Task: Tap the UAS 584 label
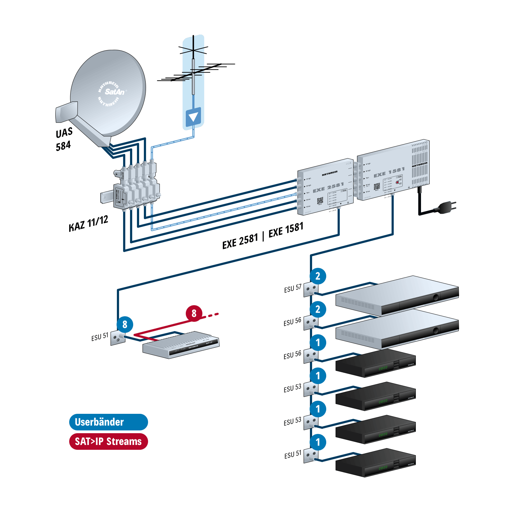(x=64, y=139)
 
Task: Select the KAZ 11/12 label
(x=89, y=223)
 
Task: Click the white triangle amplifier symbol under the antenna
(x=193, y=117)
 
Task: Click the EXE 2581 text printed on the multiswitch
(x=328, y=188)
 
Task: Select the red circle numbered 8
(x=194, y=313)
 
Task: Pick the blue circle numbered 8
(x=125, y=325)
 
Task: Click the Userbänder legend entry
(x=108, y=422)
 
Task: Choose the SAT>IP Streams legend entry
(x=108, y=441)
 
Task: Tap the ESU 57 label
(x=293, y=288)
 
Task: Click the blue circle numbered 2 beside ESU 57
(x=318, y=276)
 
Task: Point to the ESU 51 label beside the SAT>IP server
(x=100, y=337)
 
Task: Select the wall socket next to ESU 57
(x=311, y=289)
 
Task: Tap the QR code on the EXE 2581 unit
(x=320, y=200)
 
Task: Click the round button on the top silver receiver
(x=436, y=297)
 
